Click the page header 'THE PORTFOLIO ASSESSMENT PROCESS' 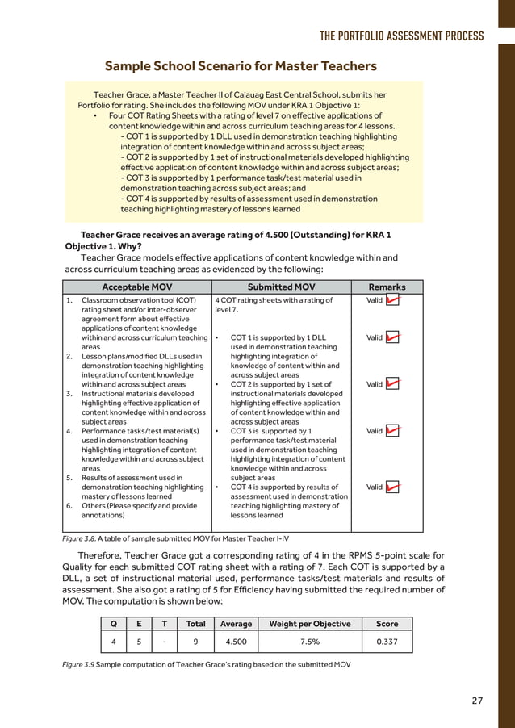(x=401, y=36)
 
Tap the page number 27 (x=477, y=700)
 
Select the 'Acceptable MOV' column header (x=136, y=287)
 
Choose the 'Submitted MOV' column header (x=281, y=287)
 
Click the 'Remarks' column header (x=387, y=287)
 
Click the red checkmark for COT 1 (x=393, y=337)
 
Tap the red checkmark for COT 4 (x=393, y=487)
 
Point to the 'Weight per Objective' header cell (x=309, y=624)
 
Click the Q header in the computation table (x=113, y=624)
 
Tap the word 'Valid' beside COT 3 (x=374, y=431)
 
